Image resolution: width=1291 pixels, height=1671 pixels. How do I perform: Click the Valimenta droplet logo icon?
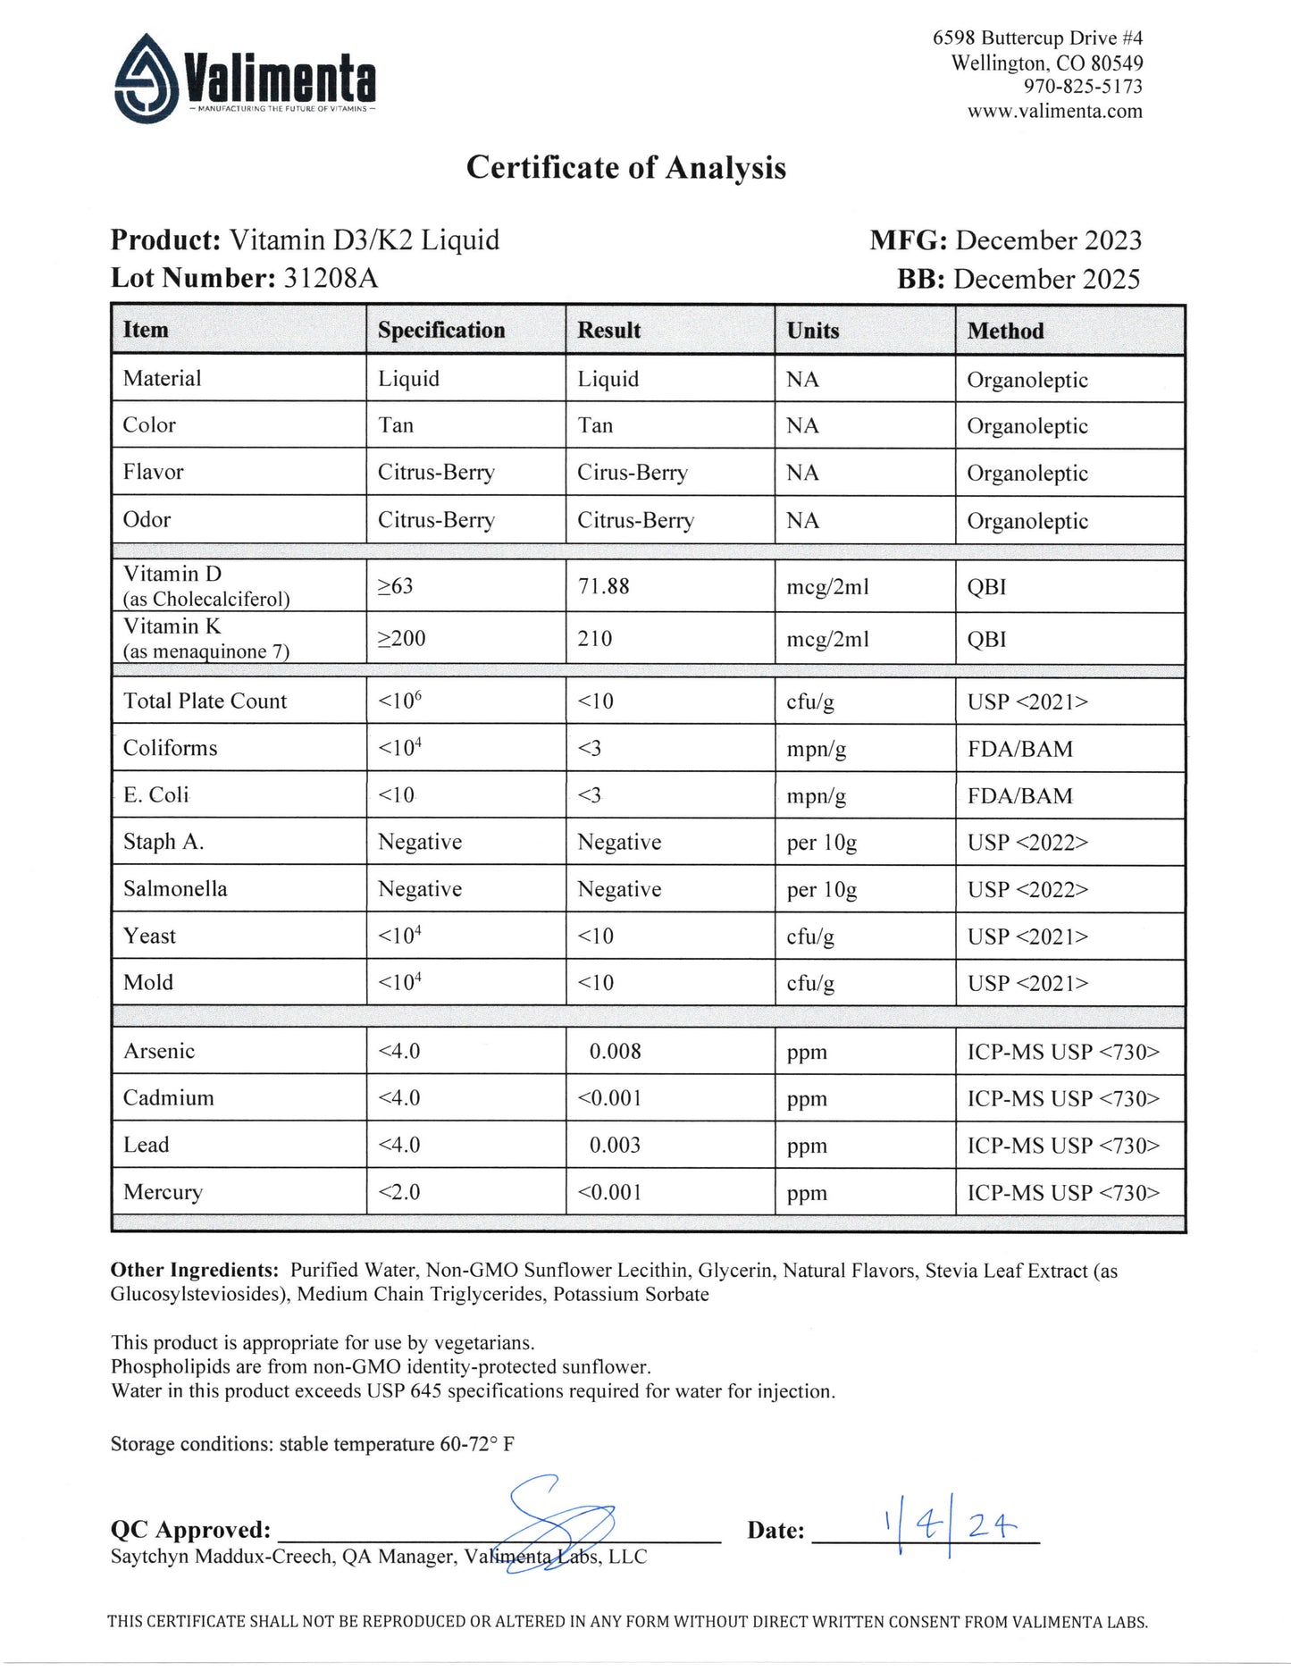[x=147, y=79]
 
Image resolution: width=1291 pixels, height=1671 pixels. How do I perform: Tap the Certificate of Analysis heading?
[x=625, y=168]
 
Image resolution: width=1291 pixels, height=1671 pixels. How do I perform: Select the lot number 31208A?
[x=331, y=279]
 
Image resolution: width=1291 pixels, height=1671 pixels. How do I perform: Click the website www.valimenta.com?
[x=1054, y=112]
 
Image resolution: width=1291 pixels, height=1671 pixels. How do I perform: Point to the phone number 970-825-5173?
[x=1083, y=87]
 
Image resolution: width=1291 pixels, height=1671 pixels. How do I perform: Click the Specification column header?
[x=441, y=331]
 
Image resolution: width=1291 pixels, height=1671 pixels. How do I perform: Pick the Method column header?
[x=1005, y=332]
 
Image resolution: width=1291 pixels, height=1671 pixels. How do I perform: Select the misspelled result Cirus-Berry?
[x=632, y=473]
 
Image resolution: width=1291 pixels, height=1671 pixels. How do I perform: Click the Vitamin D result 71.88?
[x=603, y=587]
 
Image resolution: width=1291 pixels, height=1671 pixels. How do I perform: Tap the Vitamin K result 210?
[x=595, y=639]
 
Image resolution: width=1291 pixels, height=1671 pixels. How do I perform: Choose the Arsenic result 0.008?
[x=615, y=1052]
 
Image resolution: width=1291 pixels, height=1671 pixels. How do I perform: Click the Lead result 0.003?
[x=615, y=1146]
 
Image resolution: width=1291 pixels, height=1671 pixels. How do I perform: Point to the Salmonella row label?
[x=175, y=889]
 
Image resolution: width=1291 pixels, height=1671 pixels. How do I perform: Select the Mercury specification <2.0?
[x=398, y=1192]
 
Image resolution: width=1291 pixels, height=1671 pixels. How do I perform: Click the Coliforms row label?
[x=170, y=748]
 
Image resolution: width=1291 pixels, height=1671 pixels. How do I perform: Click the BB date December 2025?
[x=1046, y=280]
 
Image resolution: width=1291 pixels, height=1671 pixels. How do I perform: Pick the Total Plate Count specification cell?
[x=399, y=701]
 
